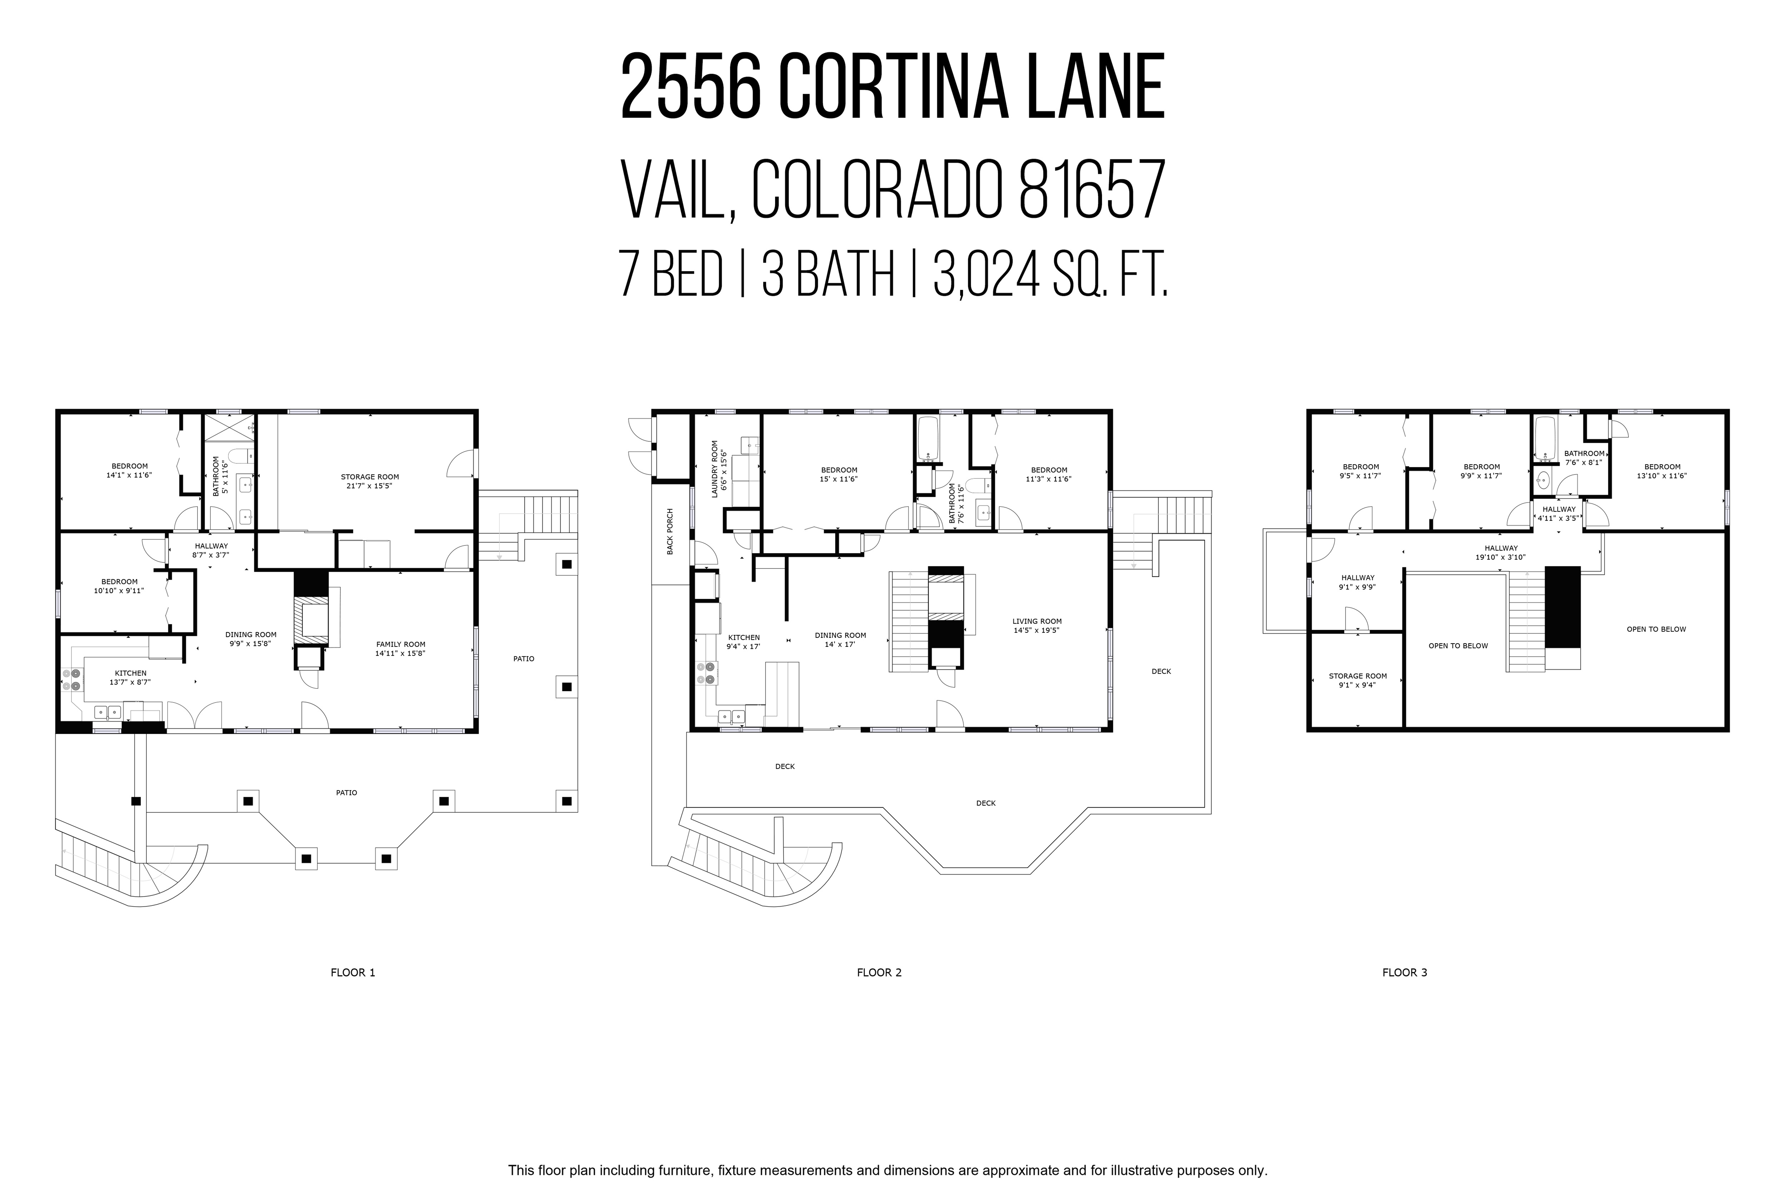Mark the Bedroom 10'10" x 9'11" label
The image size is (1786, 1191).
(x=119, y=586)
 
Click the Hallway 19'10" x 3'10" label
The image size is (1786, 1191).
(x=1501, y=552)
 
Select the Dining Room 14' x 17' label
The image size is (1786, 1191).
(x=840, y=640)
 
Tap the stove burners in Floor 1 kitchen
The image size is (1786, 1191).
(x=71, y=680)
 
